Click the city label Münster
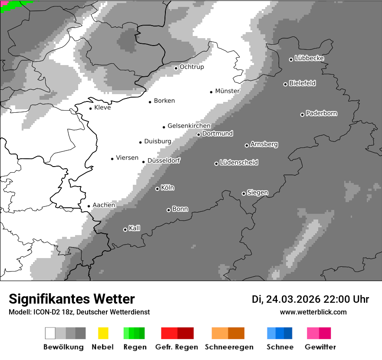tap(227, 91)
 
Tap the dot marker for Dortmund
tap(198, 134)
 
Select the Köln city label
tap(167, 188)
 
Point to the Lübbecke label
tap(309, 58)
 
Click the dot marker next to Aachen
tap(89, 206)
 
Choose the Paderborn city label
tap(321, 113)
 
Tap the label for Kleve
tap(102, 108)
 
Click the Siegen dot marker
tap(244, 193)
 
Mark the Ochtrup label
tap(191, 67)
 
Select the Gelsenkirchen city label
tap(189, 126)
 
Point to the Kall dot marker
tap(125, 229)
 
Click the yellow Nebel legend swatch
tap(103, 333)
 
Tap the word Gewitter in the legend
tap(320, 347)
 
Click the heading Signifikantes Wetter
tap(72, 299)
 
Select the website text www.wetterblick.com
tap(313, 312)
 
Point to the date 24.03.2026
tap(293, 299)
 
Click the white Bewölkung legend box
tap(50, 333)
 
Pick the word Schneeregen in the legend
tap(229, 347)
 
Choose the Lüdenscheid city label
tap(239, 163)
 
